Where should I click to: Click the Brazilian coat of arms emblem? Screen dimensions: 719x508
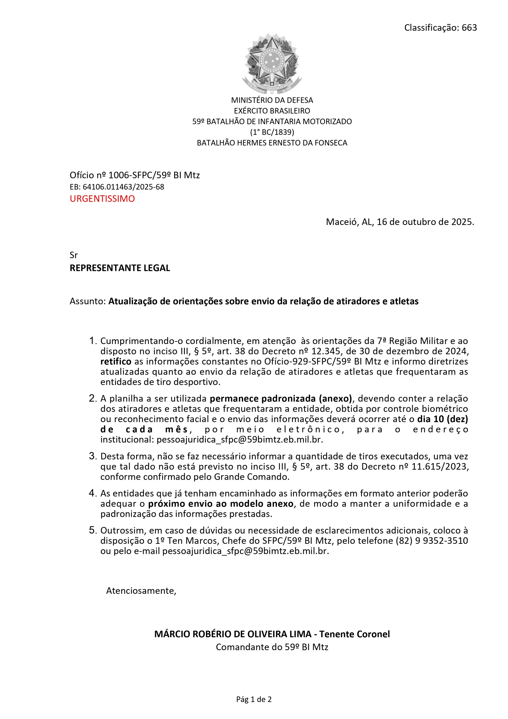pos(272,63)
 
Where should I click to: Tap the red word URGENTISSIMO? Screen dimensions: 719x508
pos(102,199)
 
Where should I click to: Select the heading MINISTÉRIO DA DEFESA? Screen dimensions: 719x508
pos(272,100)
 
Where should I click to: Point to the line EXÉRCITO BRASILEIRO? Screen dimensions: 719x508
pos(272,111)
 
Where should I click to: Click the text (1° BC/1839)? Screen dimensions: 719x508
pos(272,132)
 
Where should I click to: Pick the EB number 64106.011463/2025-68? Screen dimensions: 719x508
pos(123,187)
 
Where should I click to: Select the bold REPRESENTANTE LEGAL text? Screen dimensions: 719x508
pos(120,268)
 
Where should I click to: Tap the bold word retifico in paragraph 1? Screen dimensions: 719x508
pos(116,361)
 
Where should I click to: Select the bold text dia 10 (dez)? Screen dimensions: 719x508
pos(442,419)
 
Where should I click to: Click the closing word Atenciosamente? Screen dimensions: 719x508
pos(141,591)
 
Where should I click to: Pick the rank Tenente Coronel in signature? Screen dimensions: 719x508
pos(355,634)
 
